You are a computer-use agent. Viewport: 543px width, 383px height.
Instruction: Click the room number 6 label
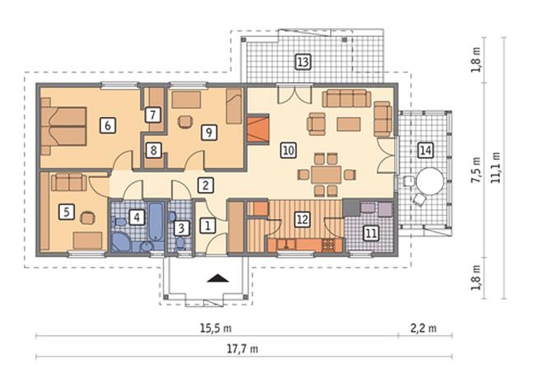(x=108, y=125)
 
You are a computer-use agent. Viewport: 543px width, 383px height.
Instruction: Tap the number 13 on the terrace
(x=303, y=62)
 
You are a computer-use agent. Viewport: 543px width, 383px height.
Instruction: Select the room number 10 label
(x=288, y=151)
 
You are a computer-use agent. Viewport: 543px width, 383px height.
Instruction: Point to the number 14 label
(x=425, y=151)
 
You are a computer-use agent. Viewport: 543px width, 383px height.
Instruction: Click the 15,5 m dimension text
(x=216, y=328)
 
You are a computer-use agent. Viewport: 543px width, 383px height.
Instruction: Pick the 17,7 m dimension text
(x=243, y=348)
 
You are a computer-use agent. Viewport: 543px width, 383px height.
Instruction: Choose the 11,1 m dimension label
(x=495, y=168)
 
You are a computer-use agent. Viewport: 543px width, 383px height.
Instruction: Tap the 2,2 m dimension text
(x=423, y=328)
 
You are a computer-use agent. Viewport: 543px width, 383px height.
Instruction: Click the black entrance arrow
(x=218, y=278)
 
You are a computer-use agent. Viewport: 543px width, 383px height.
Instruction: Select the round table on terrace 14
(x=429, y=180)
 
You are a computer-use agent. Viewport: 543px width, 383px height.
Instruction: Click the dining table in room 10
(x=326, y=175)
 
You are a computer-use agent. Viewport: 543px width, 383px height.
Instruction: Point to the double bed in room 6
(x=63, y=126)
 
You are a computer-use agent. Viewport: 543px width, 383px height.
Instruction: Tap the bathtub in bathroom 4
(x=156, y=221)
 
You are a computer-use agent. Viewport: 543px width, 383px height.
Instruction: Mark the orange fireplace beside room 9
(x=258, y=129)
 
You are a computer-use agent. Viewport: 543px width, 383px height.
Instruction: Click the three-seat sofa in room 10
(x=346, y=99)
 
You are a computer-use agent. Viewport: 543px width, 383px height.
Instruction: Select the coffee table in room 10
(x=348, y=124)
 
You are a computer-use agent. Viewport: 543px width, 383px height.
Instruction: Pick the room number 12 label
(x=302, y=219)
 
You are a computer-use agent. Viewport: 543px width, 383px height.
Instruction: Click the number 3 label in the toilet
(x=182, y=228)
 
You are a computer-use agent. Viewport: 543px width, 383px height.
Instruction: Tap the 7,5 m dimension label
(x=477, y=170)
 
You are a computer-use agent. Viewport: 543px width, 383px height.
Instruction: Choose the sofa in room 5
(x=69, y=182)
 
